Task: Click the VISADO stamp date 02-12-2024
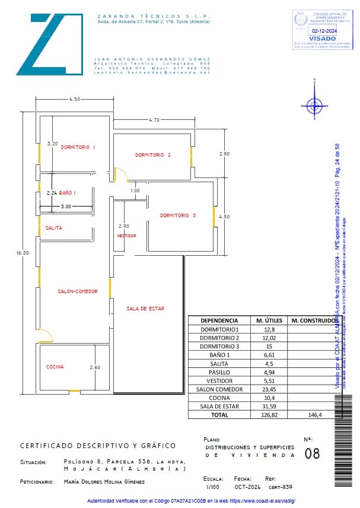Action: coord(324,30)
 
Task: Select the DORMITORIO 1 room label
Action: coord(78,147)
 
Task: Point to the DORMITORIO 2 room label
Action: coord(152,155)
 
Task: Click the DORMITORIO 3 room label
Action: coord(177,215)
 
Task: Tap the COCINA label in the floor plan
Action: coord(55,367)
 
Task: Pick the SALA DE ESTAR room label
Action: coord(145,309)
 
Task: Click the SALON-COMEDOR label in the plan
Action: coord(77,291)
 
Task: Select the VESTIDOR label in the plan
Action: coord(126,236)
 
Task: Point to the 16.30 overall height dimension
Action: coord(22,253)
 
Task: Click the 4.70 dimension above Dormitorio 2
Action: coord(154,120)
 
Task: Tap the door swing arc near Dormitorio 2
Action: coord(122,174)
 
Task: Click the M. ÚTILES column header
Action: coord(267,320)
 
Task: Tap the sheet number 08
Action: coord(311,454)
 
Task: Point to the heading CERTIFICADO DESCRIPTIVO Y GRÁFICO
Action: coord(98,445)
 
